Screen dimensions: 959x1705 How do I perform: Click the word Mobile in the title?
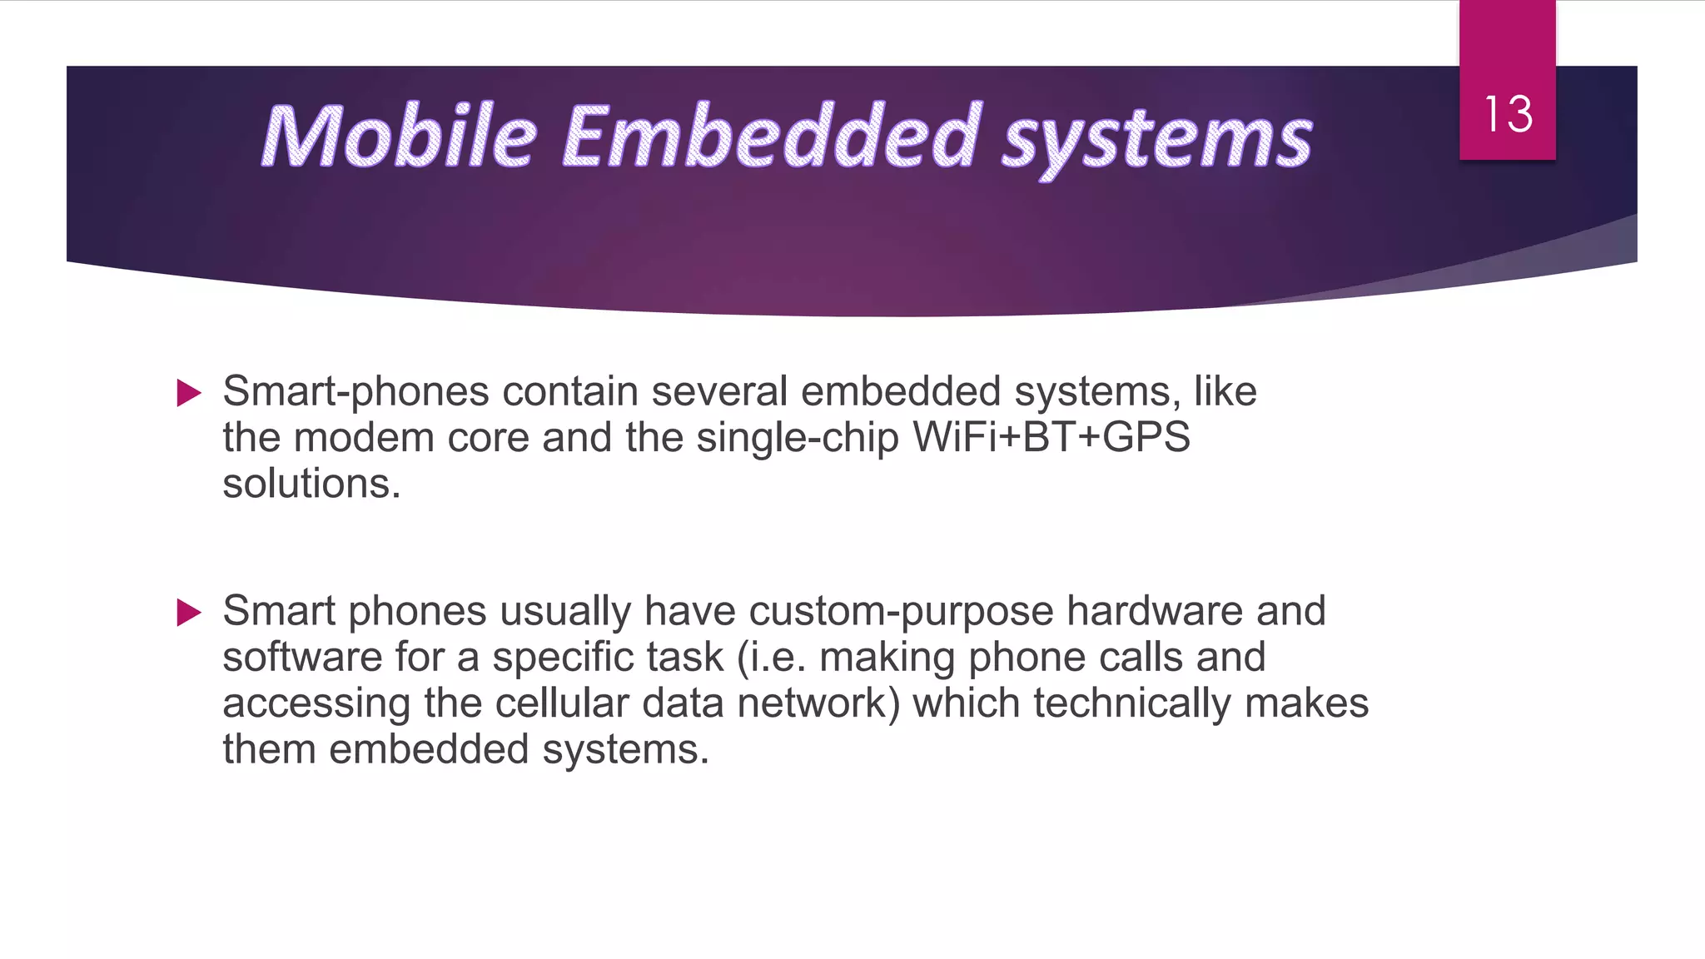pos(399,136)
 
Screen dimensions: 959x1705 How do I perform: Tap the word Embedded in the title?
pos(772,136)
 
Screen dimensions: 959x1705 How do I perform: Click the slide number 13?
pos(1508,114)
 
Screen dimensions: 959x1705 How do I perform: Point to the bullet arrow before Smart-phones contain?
pos(190,393)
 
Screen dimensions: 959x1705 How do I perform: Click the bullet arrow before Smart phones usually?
pos(190,613)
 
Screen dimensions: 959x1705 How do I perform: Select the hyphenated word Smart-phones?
pos(355,392)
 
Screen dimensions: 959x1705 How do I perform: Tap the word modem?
pos(364,438)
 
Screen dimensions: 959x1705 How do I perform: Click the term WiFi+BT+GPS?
pos(1051,438)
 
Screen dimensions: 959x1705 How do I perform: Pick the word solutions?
pos(311,484)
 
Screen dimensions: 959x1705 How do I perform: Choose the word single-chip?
pos(798,439)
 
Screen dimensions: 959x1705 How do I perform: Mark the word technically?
pos(1132,703)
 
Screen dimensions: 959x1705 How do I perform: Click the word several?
pos(719,392)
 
